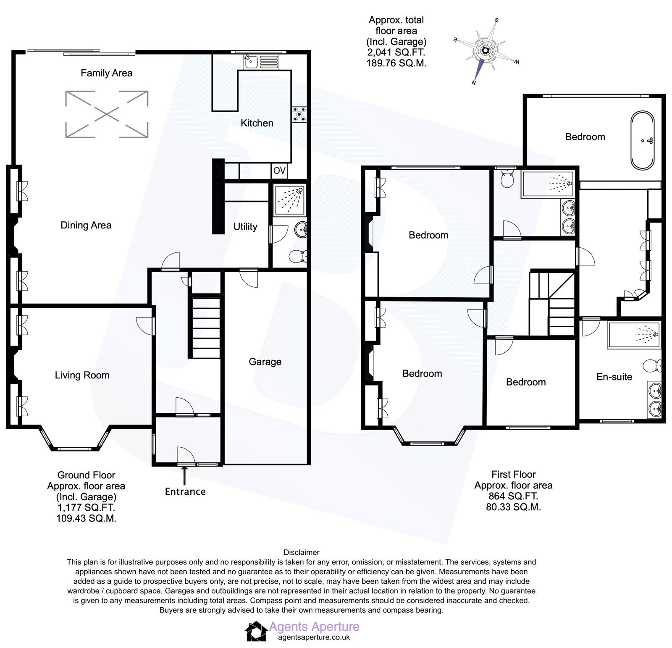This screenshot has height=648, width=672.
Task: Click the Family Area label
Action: pyautogui.click(x=106, y=73)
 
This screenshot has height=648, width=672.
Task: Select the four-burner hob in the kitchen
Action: pyautogui.click(x=300, y=114)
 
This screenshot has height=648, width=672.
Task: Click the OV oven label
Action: pyautogui.click(x=279, y=171)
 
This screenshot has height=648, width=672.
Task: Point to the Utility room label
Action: pyautogui.click(x=245, y=227)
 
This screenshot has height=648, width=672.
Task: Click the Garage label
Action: pyautogui.click(x=265, y=362)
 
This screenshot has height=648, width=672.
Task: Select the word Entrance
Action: pyautogui.click(x=185, y=492)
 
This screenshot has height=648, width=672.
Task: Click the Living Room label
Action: pyautogui.click(x=82, y=375)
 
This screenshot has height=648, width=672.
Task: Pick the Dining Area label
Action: pyautogui.click(x=86, y=225)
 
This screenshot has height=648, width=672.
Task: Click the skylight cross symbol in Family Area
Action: pyautogui.click(x=107, y=114)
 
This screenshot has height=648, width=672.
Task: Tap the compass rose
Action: pyautogui.click(x=486, y=51)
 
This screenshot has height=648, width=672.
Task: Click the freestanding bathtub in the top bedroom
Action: pyautogui.click(x=642, y=140)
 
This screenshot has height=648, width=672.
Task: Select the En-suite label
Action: pyautogui.click(x=614, y=377)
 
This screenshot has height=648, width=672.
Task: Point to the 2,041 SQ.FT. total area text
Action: pyautogui.click(x=396, y=52)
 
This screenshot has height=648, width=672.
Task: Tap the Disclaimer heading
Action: pyautogui.click(x=301, y=552)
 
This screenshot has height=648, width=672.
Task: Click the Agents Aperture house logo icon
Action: pyautogui.click(x=256, y=631)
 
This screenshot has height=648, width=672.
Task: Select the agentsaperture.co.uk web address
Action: pyautogui.click(x=314, y=637)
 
